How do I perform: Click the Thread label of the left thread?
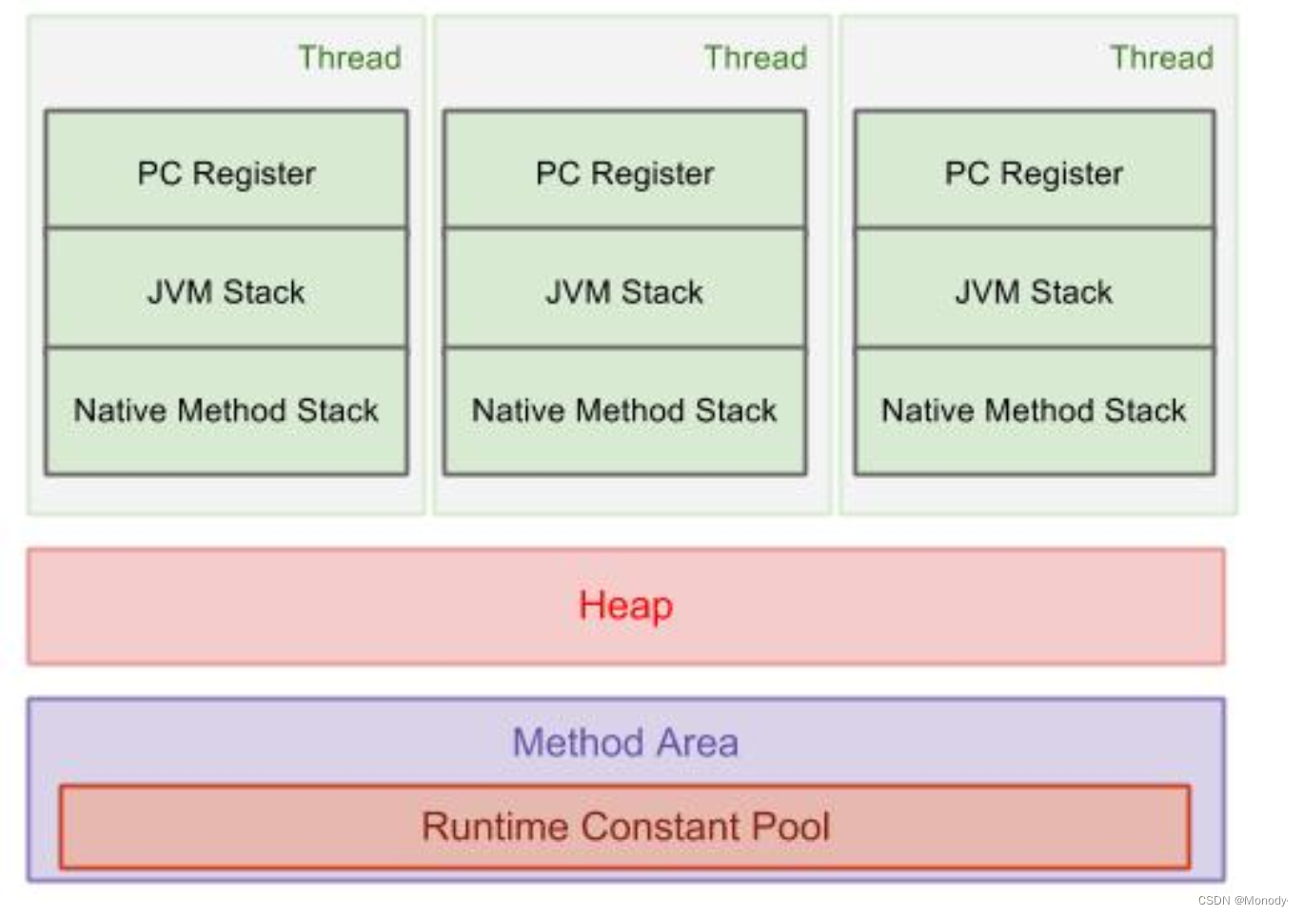[x=349, y=58]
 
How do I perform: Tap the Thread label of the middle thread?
[x=756, y=58]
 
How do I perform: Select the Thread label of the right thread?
[x=1161, y=58]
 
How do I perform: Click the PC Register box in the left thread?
[x=227, y=169]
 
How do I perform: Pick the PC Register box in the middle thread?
[x=624, y=169]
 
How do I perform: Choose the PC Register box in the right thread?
[x=1035, y=169]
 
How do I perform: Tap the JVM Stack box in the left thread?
[x=227, y=289]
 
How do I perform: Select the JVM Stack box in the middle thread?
[x=624, y=289]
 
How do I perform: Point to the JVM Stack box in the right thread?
[x=1035, y=289]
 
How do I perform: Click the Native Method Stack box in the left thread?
[x=227, y=411]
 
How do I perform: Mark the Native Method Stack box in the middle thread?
[x=624, y=411]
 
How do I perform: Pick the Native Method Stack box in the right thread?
[x=1035, y=411]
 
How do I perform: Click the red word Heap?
[x=625, y=607]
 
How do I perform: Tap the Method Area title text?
[x=625, y=743]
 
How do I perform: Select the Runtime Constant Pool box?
[x=624, y=826]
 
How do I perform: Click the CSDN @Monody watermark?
[x=1242, y=900]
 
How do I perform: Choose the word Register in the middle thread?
[x=653, y=174]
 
